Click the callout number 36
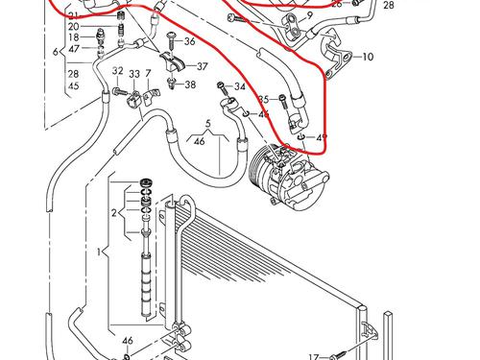pos(190,41)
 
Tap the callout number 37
pos(202,66)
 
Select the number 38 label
pos(190,84)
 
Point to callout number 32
pos(117,71)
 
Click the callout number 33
pos(134,74)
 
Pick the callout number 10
pos(368,58)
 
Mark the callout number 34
pos(240,87)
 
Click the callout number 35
pos(263,99)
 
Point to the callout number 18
pos(73,37)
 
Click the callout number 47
pos(73,49)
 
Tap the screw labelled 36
pos(169,39)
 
